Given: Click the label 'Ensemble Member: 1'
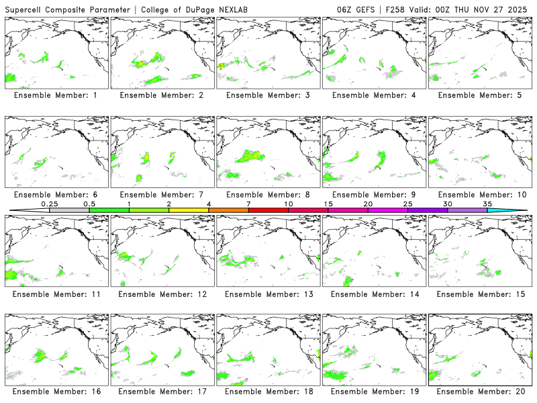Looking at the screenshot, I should (55, 95).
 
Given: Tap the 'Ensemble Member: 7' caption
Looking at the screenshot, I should (161, 194).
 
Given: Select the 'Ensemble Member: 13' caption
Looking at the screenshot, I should (267, 294).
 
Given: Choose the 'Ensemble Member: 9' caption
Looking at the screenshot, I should (373, 194).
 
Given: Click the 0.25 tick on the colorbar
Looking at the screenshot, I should (49, 204).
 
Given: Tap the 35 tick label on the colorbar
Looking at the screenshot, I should (487, 204).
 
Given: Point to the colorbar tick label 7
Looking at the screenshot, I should (248, 204).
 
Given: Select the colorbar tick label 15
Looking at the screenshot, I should (328, 204).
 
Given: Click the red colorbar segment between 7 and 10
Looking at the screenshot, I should (268, 210).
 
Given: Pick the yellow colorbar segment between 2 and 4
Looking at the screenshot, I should (189, 210).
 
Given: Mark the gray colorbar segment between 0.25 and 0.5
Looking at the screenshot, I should (69, 210).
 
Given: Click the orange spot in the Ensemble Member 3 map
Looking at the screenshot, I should (222, 66).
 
